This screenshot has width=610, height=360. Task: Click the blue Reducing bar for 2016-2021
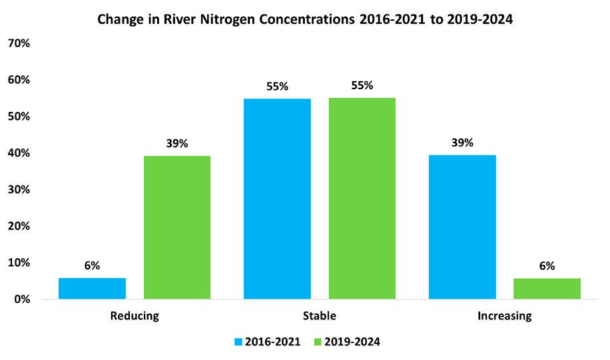[92, 289]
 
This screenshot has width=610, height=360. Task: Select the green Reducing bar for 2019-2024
[177, 228]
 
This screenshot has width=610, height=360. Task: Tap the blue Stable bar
[277, 199]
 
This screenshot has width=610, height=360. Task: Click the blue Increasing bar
[462, 227]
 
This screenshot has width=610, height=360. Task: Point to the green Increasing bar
[547, 289]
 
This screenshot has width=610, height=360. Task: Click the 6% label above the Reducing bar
[92, 266]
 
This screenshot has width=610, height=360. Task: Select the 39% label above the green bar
[177, 143]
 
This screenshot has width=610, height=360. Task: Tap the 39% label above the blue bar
[462, 142]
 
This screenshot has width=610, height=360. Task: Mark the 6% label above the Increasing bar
[547, 266]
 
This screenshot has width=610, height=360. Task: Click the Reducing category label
[135, 316]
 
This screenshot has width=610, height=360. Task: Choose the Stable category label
[319, 316]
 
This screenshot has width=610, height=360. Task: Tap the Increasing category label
[505, 316]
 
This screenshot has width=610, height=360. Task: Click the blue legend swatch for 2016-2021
[238, 342]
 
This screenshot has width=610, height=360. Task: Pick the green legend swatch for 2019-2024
[318, 342]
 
